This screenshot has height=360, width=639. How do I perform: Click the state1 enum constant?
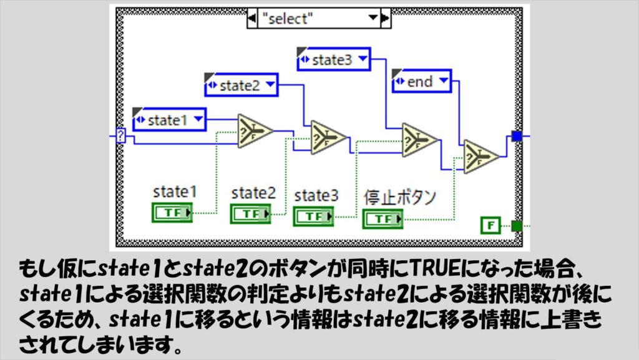tap(169, 120)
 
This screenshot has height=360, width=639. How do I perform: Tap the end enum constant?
tap(422, 81)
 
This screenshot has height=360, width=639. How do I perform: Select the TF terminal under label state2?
tap(250, 213)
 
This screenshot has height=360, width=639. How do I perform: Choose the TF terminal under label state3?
tap(314, 216)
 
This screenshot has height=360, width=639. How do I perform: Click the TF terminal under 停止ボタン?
tap(383, 218)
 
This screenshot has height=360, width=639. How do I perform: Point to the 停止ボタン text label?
tap(400, 197)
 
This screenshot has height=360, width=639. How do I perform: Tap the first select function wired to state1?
tap(255, 132)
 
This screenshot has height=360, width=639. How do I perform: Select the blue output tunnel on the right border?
tap(516, 135)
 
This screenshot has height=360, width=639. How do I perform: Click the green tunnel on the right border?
tap(516, 225)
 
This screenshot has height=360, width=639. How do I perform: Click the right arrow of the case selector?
tap(385, 18)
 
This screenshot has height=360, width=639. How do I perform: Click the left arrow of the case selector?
tap(252, 18)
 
